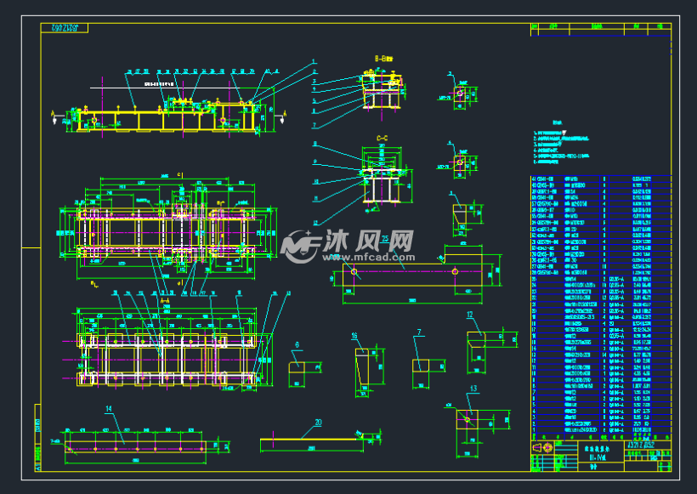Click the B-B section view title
coord(385,59)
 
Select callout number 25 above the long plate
coord(384,238)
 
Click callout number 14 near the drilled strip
coord(109,409)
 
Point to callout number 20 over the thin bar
coord(318,422)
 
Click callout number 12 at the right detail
coord(469,315)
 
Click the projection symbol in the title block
coord(542,447)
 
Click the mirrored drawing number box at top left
coord(65,29)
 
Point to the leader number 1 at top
coord(313,61)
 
